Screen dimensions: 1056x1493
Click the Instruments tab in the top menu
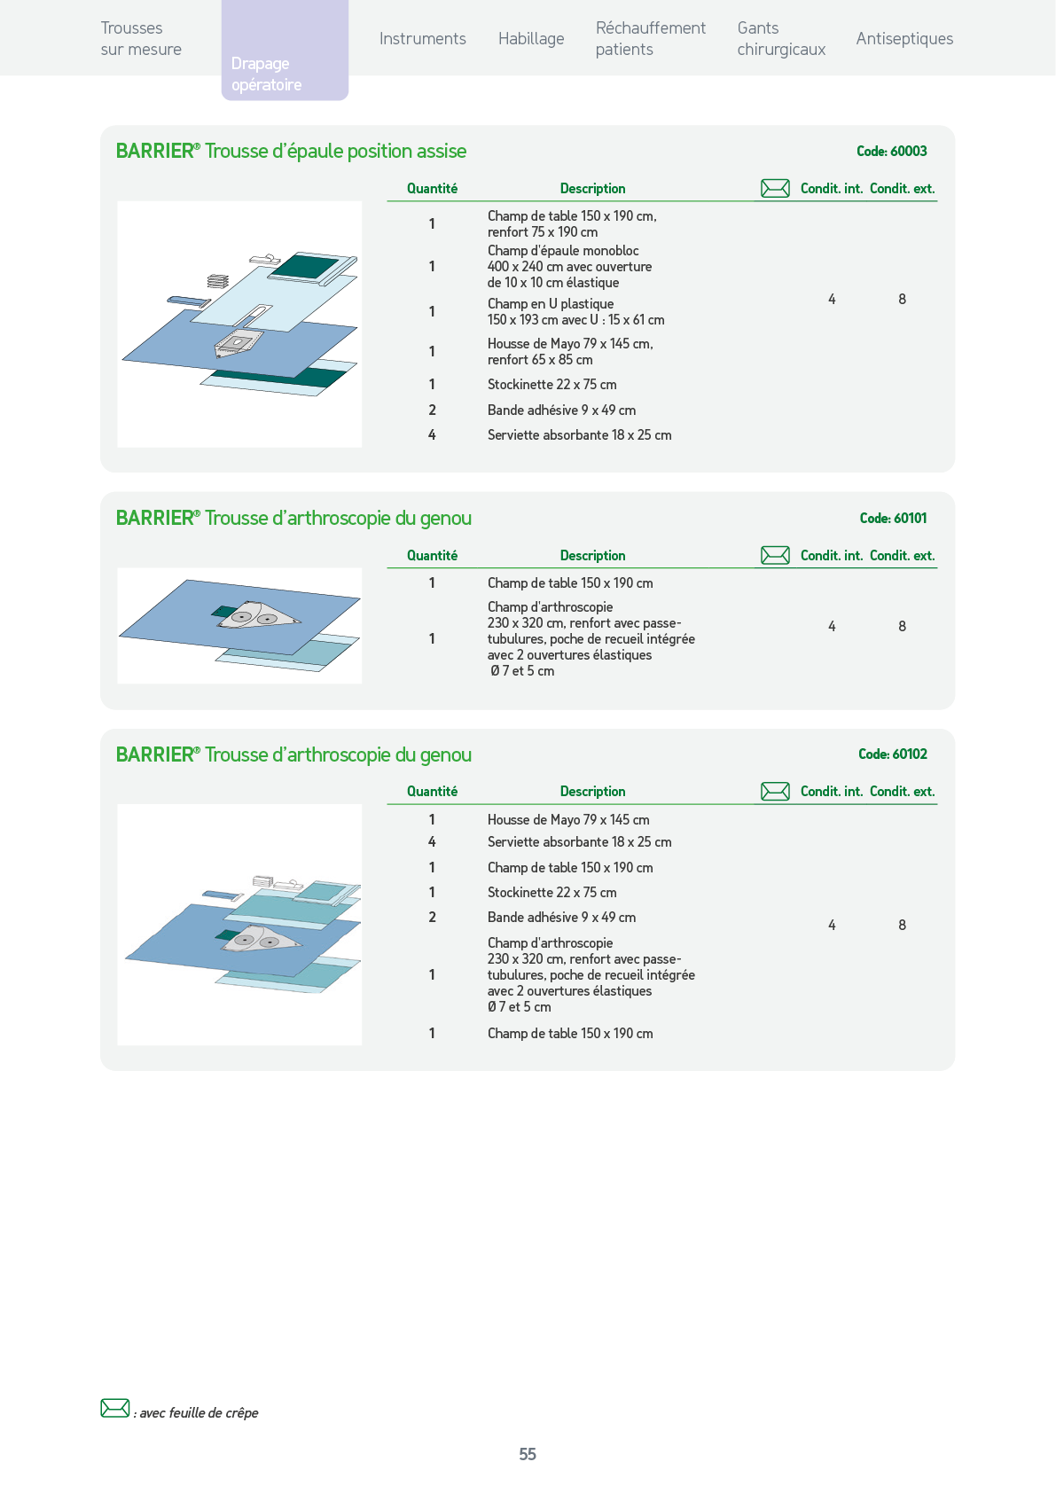click(x=423, y=39)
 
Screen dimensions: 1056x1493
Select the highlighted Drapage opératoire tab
click(x=285, y=51)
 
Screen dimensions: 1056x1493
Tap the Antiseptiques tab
click(x=904, y=39)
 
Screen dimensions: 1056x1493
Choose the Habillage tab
click(x=531, y=39)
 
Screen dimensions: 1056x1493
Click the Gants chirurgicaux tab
click(x=780, y=39)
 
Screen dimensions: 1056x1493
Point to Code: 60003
click(x=892, y=152)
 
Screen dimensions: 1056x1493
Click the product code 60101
click(x=910, y=518)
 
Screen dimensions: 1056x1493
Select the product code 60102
click(x=910, y=754)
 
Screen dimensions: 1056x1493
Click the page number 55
click(x=528, y=1454)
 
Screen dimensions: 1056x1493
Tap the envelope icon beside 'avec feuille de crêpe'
click(x=114, y=1408)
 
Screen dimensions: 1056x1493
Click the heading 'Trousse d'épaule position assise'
click(x=335, y=152)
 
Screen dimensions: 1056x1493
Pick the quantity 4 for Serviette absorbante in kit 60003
click(x=432, y=434)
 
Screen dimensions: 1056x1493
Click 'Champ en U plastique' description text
click(x=550, y=303)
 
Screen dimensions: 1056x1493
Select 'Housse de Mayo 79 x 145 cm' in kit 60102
click(x=568, y=819)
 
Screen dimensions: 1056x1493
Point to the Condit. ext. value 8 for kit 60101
click(x=902, y=626)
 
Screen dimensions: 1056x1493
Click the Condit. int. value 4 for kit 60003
click(x=832, y=300)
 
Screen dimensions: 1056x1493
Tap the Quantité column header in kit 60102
click(x=432, y=791)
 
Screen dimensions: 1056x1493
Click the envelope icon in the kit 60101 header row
click(x=775, y=555)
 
